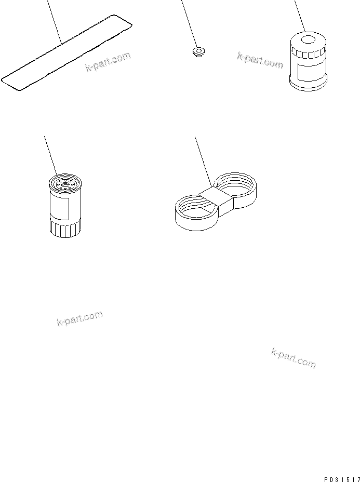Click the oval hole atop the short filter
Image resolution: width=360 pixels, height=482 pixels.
308,39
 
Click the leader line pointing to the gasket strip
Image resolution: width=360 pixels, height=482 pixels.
54,21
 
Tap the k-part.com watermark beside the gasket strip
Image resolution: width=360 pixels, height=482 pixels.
108,62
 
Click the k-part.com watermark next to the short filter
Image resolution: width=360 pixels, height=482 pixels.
260,60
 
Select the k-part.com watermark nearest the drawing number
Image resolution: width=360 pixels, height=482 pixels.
294,358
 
